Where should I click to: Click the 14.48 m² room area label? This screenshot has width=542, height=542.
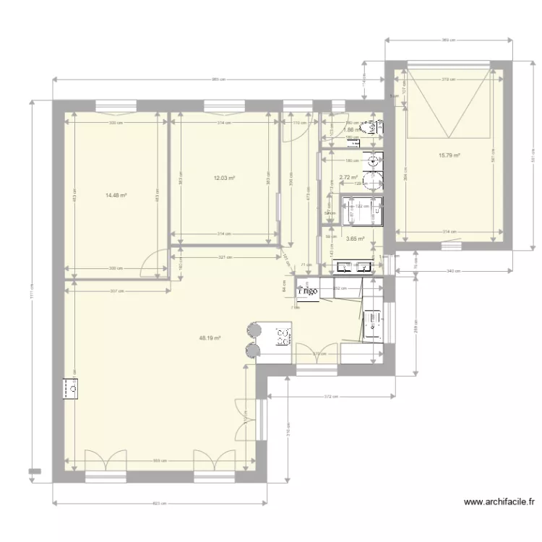click(x=116, y=194)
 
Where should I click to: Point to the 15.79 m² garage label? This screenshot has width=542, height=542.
click(x=449, y=155)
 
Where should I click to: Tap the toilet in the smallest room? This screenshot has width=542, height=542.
click(x=374, y=126)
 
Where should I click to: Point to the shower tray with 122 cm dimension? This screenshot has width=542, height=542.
click(x=363, y=210)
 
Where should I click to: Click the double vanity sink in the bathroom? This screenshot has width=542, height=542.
click(x=354, y=267)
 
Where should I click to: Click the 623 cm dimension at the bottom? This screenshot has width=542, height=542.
click(x=160, y=504)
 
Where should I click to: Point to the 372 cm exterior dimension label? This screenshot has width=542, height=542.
click(x=330, y=397)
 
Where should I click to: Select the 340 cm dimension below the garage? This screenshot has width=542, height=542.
click(x=454, y=270)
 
